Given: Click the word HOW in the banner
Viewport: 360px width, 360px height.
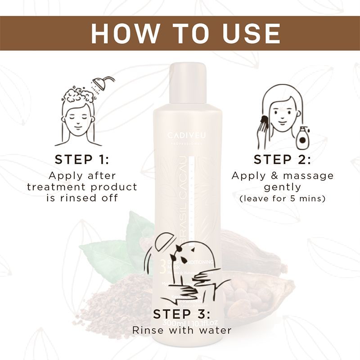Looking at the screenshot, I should point(120,33).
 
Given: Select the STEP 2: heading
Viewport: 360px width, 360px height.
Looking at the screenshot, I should point(282,160).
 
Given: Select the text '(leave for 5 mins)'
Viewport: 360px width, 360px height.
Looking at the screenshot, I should point(282,198).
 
